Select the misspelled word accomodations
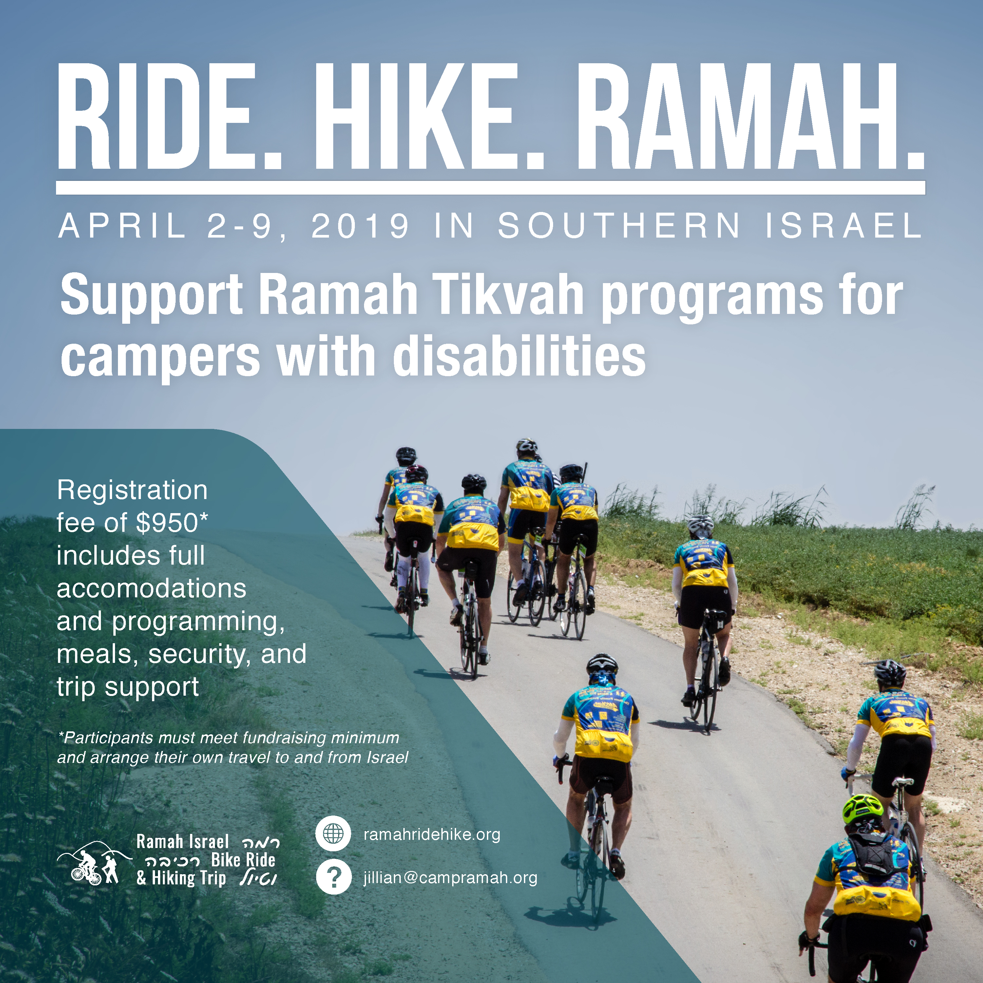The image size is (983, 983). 152,589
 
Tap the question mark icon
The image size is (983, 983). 333,877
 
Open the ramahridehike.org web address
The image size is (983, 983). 432,835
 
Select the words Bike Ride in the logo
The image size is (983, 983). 243,860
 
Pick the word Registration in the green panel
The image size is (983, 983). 132,491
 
